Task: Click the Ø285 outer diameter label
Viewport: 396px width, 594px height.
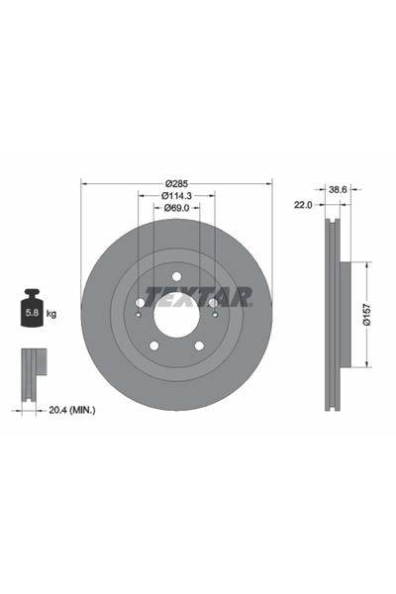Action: (x=176, y=183)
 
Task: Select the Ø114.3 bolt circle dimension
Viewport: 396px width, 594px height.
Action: (x=176, y=196)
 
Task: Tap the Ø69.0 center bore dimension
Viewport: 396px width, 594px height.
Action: (x=176, y=210)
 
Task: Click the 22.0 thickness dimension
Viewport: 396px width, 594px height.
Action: (x=303, y=204)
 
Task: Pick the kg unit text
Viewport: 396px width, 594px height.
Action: (x=51, y=313)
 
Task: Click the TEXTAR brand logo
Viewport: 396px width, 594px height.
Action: (x=199, y=296)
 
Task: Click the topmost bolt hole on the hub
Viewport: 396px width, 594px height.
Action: (x=176, y=276)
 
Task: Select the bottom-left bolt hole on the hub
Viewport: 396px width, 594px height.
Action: (x=154, y=344)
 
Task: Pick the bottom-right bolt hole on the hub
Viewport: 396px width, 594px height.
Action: (x=198, y=344)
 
